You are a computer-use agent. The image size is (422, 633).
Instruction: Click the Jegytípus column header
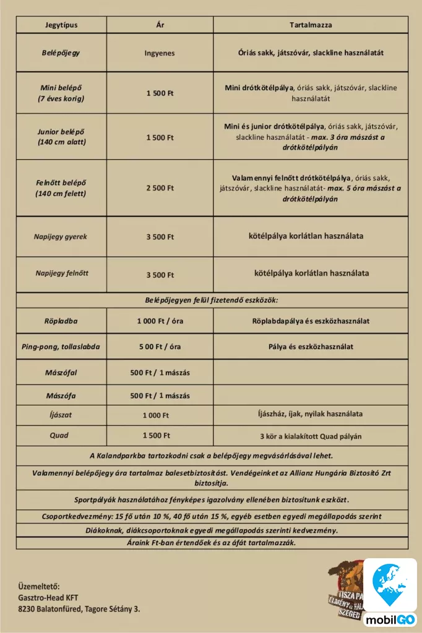[61, 25]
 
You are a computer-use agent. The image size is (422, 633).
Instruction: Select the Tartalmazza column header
[311, 25]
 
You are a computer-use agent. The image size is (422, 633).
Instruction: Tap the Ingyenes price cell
[160, 53]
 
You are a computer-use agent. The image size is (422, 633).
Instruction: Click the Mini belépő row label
[61, 93]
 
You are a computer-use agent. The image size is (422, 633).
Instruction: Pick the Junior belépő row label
[61, 137]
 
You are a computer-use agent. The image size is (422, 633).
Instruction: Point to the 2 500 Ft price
[160, 188]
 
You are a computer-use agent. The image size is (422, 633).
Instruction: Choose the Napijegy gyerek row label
[61, 237]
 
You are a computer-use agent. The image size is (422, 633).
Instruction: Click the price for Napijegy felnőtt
[160, 274]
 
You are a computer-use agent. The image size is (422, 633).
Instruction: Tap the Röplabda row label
[61, 321]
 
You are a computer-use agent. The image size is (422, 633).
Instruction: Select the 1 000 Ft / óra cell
[160, 321]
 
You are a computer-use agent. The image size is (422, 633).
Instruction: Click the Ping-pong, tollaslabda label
[61, 346]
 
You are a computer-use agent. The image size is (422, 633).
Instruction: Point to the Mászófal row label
[61, 373]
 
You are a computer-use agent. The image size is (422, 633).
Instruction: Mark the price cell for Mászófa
[160, 396]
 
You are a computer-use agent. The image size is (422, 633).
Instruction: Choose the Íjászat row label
[61, 415]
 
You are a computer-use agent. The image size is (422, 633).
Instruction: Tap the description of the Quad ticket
[311, 436]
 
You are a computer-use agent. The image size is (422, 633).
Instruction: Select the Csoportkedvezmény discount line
[212, 516]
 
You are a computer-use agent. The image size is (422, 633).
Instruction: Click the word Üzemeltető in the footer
[39, 586]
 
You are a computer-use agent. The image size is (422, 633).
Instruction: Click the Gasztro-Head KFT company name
[48, 598]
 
